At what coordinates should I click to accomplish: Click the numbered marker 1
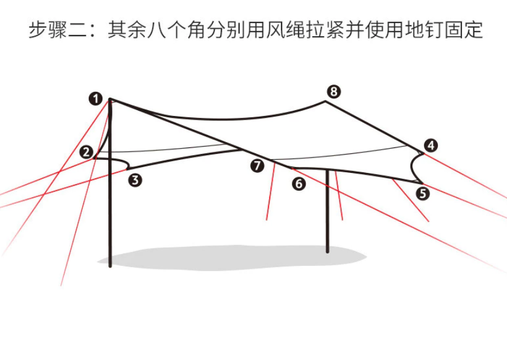tap(95, 99)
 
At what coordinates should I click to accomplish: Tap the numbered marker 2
tap(86, 152)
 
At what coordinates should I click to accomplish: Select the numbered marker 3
tap(135, 180)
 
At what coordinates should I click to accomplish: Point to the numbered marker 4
tap(431, 145)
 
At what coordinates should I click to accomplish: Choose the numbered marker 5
tap(422, 194)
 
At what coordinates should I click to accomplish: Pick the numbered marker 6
tap(299, 184)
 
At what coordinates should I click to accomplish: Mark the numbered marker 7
tap(257, 166)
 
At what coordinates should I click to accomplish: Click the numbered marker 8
tap(334, 92)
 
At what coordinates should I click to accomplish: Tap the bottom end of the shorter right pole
tap(328, 252)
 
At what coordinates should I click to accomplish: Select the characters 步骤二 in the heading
tap(57, 30)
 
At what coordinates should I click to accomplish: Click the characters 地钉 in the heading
tap(424, 30)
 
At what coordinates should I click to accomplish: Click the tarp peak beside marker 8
tap(325, 101)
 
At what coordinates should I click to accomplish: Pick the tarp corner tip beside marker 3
tap(128, 169)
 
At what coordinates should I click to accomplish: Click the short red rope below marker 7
tap(270, 191)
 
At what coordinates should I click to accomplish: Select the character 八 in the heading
tap(157, 30)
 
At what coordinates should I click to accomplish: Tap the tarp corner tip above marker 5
tap(422, 184)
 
